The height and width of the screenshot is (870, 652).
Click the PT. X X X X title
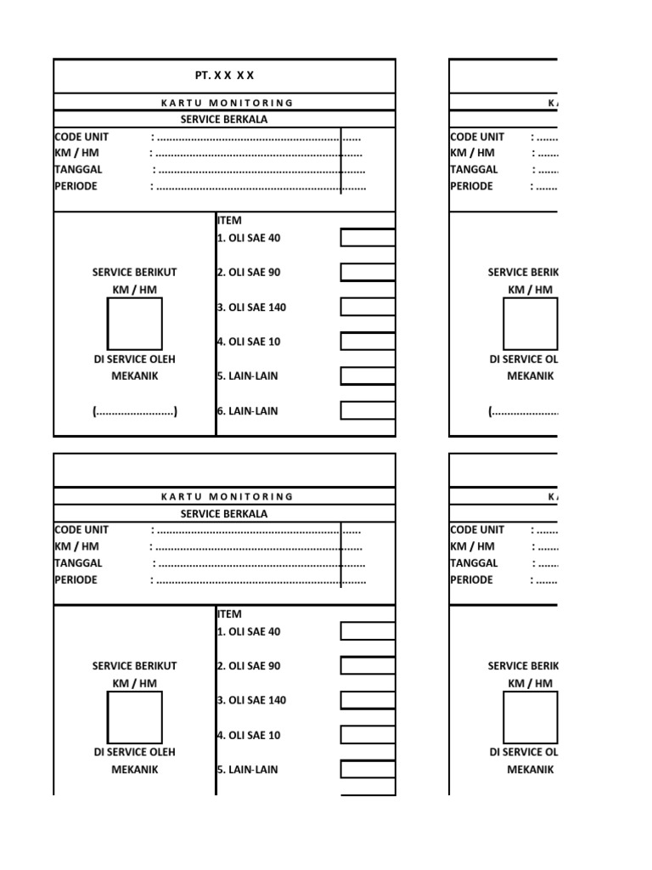pos(224,76)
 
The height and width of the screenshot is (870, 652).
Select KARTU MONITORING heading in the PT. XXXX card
pos(227,103)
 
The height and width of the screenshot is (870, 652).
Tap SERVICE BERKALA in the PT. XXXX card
pos(224,120)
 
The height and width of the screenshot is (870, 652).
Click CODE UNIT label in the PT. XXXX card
pos(81,137)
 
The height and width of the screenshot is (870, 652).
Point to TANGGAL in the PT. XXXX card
pos(76,169)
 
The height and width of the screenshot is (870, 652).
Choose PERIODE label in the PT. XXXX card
pos(76,186)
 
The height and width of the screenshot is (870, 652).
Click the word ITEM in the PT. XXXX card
pos(229,220)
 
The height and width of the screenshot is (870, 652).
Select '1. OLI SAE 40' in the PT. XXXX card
pos(248,238)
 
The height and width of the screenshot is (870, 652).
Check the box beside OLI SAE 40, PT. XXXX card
pos(368,238)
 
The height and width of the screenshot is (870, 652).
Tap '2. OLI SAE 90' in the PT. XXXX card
pos(248,273)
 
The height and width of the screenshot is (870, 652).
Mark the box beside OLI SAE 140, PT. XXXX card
pos(368,307)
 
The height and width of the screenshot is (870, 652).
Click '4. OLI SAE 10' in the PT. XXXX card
pos(248,342)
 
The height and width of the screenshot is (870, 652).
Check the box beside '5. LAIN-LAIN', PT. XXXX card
pos(368,376)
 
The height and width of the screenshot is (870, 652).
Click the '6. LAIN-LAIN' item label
pos(247,411)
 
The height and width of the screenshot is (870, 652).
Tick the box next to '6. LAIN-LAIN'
pos(368,410)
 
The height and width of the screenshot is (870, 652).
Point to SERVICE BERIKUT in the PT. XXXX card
pos(134,273)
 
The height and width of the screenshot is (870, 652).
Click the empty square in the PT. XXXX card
pos(134,324)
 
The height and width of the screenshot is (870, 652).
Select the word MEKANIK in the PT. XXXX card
pos(134,376)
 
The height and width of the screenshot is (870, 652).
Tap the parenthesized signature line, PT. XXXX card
pos(134,412)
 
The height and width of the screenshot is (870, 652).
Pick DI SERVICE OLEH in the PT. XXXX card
pos(134,359)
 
